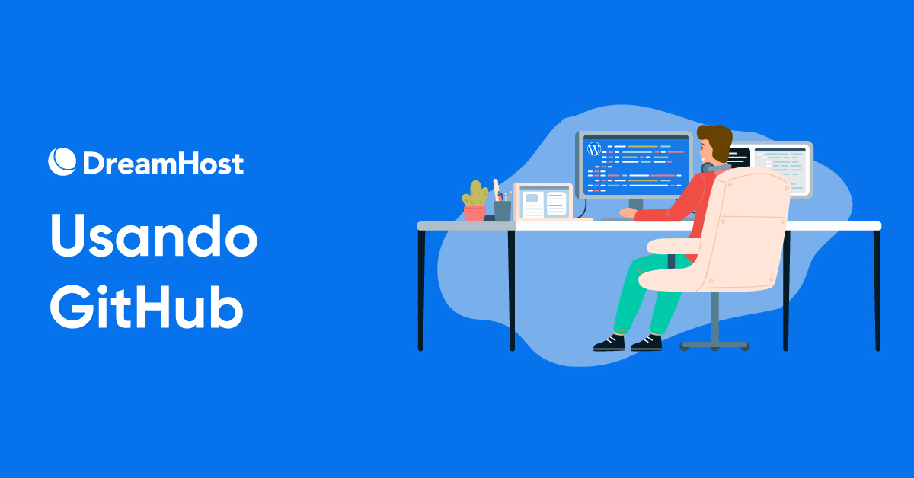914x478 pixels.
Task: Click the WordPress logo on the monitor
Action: (x=594, y=149)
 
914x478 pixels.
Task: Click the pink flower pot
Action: (x=475, y=213)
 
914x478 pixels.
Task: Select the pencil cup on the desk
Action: (x=503, y=210)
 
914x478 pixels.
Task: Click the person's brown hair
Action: (x=716, y=141)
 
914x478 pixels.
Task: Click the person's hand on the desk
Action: (x=626, y=213)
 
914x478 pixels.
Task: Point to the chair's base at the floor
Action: (x=714, y=345)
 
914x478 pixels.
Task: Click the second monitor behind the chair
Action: (x=781, y=164)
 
